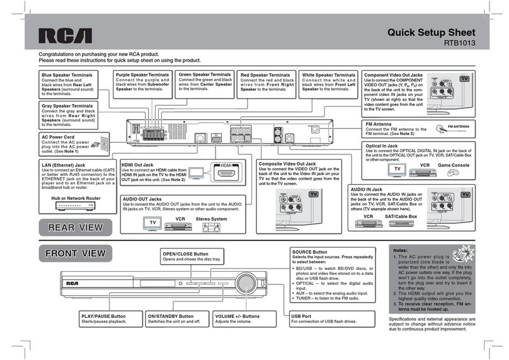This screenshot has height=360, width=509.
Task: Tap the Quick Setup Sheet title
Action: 435,33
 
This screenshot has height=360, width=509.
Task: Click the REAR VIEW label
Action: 75,227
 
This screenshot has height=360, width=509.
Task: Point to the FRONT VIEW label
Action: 75,254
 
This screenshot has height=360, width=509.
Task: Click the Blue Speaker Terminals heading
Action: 66,75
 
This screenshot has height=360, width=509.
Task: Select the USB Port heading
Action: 303,315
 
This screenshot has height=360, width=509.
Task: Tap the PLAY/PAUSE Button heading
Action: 104,315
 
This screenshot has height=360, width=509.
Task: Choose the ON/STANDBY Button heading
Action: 170,315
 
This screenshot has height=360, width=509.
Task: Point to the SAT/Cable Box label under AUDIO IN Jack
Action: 401,216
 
